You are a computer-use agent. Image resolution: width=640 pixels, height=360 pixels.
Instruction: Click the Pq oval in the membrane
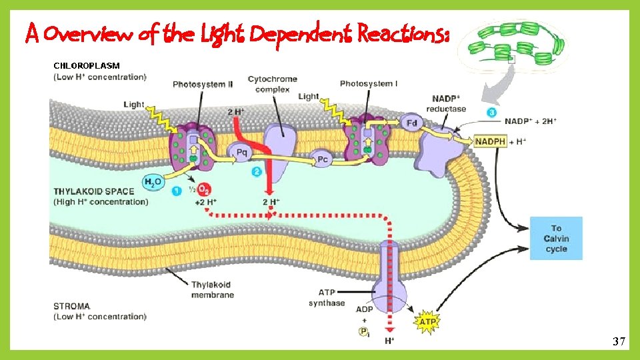[x=241, y=152]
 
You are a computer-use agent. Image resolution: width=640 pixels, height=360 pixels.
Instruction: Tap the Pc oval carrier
[x=322, y=159]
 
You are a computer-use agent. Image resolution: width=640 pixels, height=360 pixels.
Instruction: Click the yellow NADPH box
[x=491, y=141]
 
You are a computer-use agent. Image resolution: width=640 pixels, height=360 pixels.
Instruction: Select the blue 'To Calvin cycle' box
[x=556, y=238]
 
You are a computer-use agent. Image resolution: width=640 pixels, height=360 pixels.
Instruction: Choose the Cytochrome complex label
[x=272, y=84]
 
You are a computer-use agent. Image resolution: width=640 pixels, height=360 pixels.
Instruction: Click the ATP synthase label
[x=327, y=297]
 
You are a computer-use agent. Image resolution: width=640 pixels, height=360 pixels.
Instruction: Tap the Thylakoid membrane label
[x=212, y=289]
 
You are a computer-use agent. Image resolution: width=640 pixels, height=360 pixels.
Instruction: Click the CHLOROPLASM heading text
[x=87, y=66]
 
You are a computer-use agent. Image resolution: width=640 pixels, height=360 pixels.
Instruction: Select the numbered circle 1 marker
[x=176, y=191]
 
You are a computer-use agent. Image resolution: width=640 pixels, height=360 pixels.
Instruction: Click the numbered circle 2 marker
[x=257, y=171]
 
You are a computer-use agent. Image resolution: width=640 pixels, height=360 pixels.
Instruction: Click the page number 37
[x=619, y=342]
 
